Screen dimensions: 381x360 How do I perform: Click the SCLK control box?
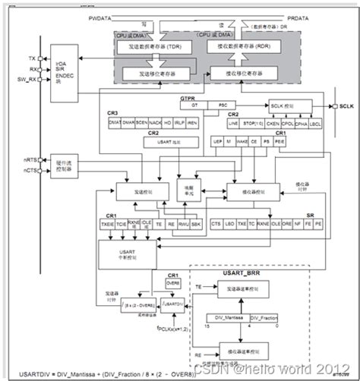click(x=279, y=105)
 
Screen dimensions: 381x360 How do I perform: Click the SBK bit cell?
click(x=195, y=224)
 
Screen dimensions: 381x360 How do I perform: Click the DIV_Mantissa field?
click(x=235, y=316)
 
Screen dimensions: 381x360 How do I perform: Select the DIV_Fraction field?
click(x=267, y=316)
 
